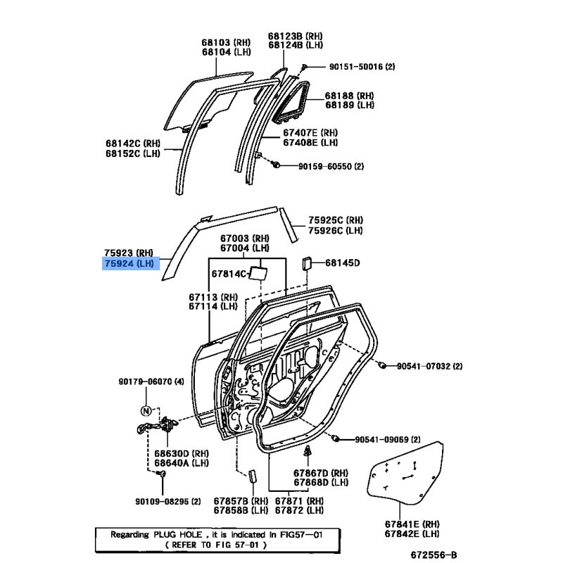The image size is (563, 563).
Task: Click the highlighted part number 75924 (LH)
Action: [x=129, y=263]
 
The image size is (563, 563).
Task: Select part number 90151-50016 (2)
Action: [x=362, y=67]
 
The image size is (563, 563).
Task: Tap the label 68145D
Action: [x=343, y=262]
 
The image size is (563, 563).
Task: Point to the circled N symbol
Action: [x=146, y=411]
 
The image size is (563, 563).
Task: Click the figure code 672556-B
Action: [x=434, y=555]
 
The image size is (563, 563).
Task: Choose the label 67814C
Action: [x=229, y=274]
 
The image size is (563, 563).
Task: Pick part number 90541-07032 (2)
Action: [x=429, y=366]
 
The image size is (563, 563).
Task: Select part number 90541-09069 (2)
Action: [x=388, y=439]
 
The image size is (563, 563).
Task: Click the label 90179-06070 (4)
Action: [x=151, y=381]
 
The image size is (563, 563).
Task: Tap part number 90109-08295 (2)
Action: [x=168, y=501]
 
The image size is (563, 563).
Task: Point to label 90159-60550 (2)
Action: [x=331, y=166]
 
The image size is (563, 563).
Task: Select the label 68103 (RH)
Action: [x=226, y=42]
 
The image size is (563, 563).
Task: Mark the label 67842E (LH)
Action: [x=412, y=534]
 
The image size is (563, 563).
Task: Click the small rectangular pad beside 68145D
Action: [x=306, y=264]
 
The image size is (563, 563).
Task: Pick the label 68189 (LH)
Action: [x=350, y=105]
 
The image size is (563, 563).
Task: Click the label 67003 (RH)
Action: [x=245, y=239]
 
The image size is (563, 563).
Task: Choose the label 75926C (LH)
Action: [x=336, y=230]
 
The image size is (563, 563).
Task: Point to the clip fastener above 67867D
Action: [x=308, y=451]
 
